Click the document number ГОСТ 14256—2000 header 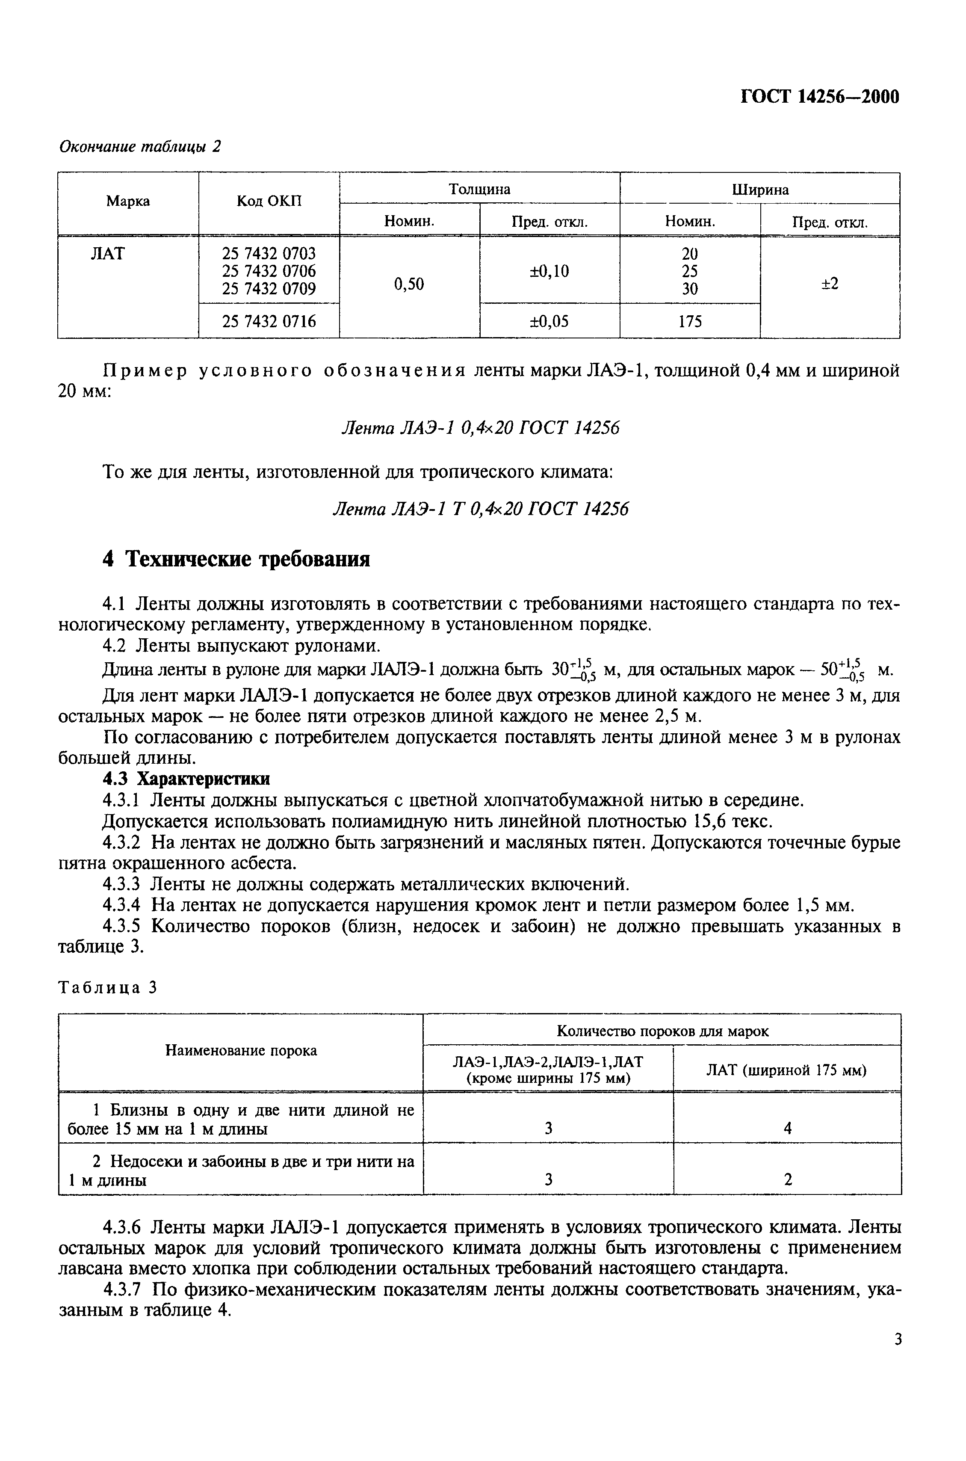[x=819, y=97]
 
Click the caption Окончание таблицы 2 [x=140, y=147]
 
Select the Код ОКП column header [x=269, y=202]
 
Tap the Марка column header [x=128, y=202]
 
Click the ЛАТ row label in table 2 [x=108, y=253]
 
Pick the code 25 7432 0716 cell [x=269, y=321]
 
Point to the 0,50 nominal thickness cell [x=409, y=284]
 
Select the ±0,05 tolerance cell [x=549, y=321]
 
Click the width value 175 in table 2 [x=690, y=321]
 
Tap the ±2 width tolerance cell [x=830, y=284]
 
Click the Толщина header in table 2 [x=479, y=189]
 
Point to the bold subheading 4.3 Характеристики [x=186, y=779]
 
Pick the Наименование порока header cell [x=241, y=1051]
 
